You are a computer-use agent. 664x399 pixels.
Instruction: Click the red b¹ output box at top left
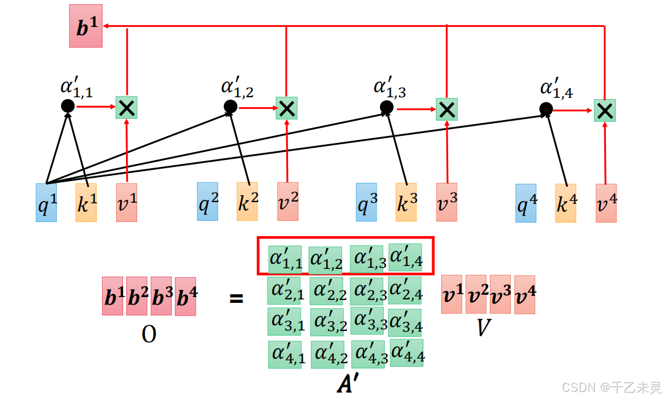(86, 26)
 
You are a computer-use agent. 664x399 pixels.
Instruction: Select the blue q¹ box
(46, 202)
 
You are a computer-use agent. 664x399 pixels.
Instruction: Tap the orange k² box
(247, 201)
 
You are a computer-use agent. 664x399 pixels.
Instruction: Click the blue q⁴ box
(526, 203)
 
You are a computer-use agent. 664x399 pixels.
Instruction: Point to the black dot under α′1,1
(67, 106)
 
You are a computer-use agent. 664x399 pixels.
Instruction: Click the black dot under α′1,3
(386, 107)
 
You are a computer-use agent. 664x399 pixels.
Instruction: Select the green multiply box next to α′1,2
(286, 108)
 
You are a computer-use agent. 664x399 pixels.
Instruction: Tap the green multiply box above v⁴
(605, 110)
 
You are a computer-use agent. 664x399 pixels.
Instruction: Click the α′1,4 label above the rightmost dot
(556, 88)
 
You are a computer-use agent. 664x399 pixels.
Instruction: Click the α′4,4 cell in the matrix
(406, 353)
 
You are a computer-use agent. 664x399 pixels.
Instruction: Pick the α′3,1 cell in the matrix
(285, 322)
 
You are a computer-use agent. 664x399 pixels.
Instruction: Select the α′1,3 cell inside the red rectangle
(367, 259)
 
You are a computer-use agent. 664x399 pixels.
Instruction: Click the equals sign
(236, 299)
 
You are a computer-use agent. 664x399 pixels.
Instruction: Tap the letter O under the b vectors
(149, 334)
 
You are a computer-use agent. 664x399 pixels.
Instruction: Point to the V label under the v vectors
(483, 328)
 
